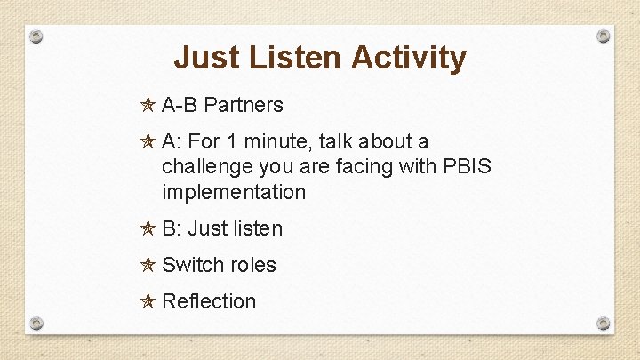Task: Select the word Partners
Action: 243,105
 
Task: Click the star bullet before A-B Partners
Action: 148,105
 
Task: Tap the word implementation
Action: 234,192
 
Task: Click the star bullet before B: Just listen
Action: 148,228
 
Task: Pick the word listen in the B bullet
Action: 259,228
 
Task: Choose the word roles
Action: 253,265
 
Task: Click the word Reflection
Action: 209,301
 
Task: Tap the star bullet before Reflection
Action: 148,301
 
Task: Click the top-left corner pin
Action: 36,36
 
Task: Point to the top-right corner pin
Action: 604,36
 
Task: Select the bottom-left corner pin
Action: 36,322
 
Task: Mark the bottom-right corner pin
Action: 604,322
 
